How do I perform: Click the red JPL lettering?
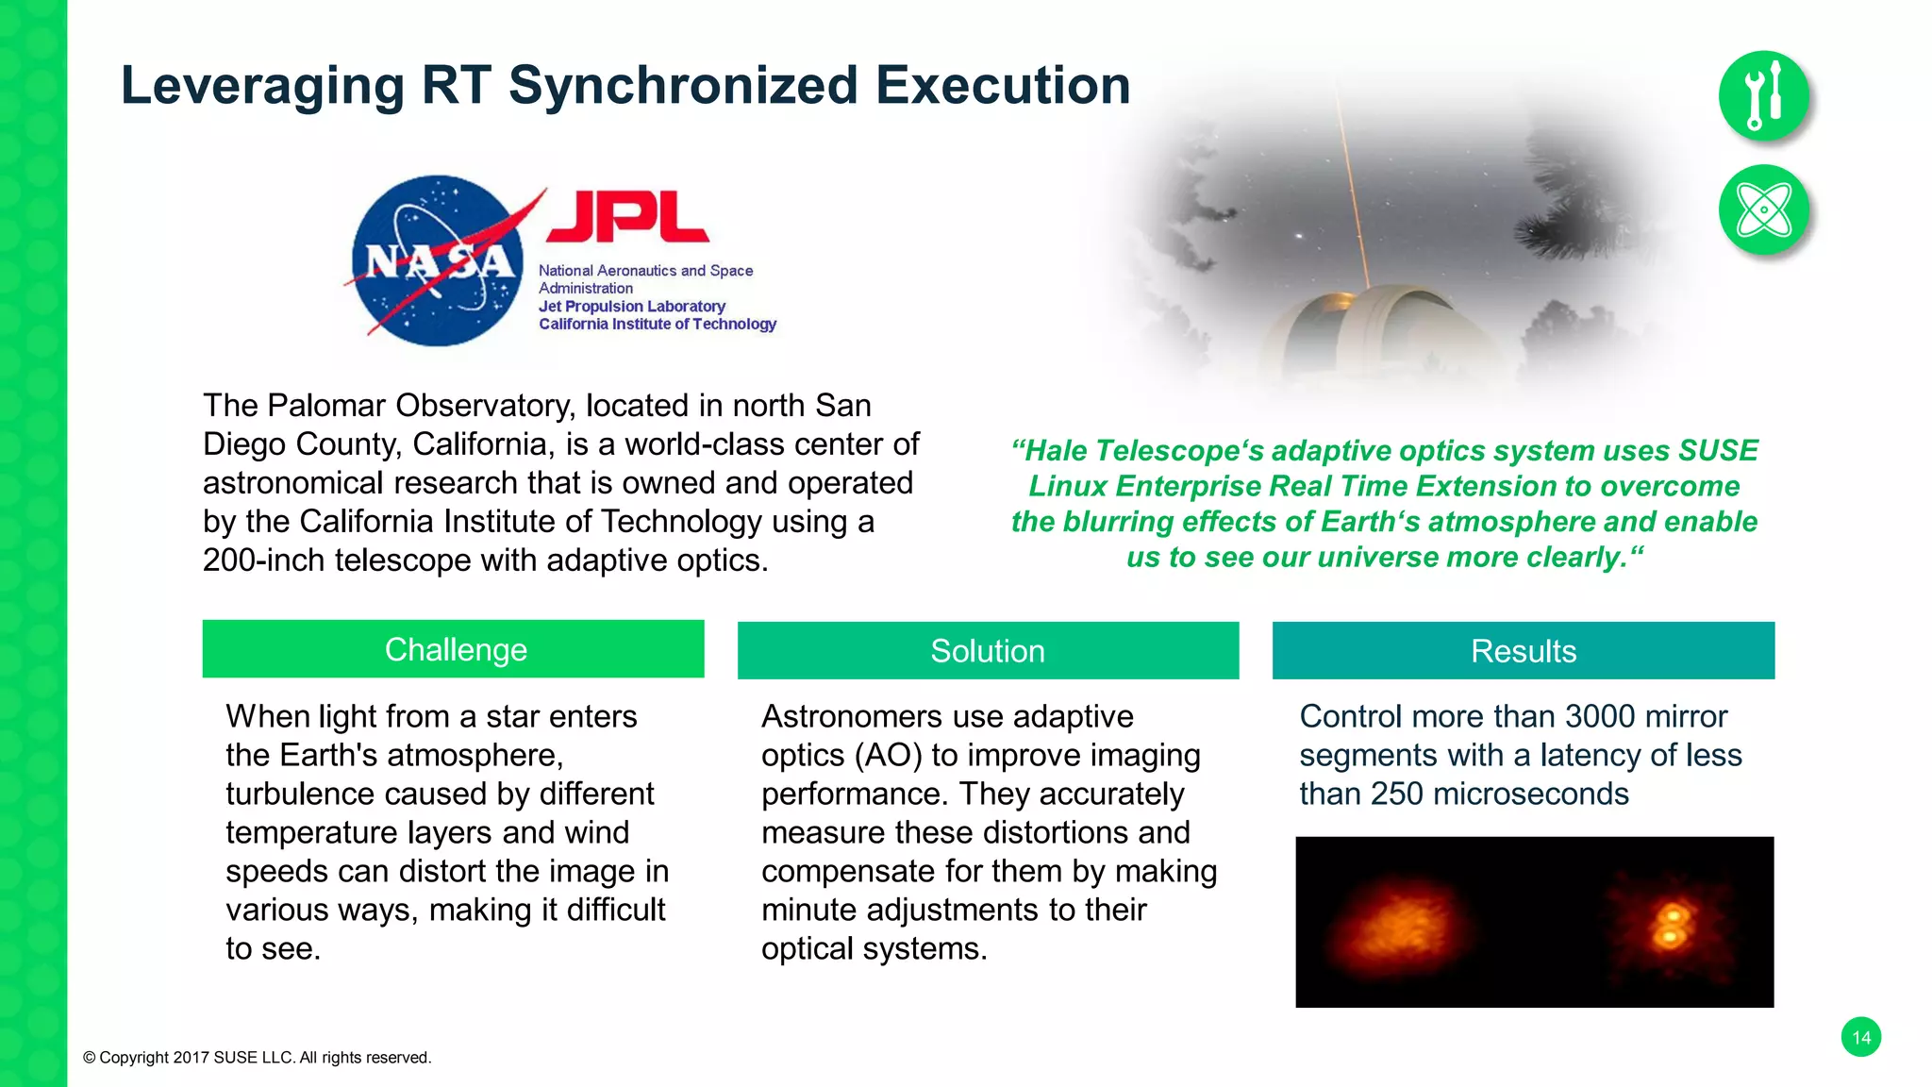[x=627, y=216]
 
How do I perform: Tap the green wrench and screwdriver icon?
[x=1763, y=95]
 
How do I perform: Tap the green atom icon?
[x=1763, y=209]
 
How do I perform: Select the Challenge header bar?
[x=453, y=649]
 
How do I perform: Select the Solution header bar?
[x=988, y=651]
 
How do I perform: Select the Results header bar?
[x=1523, y=651]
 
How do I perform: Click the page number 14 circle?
[x=1860, y=1038]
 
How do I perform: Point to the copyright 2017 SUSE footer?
[x=257, y=1058]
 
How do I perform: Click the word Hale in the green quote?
[x=1057, y=451]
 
